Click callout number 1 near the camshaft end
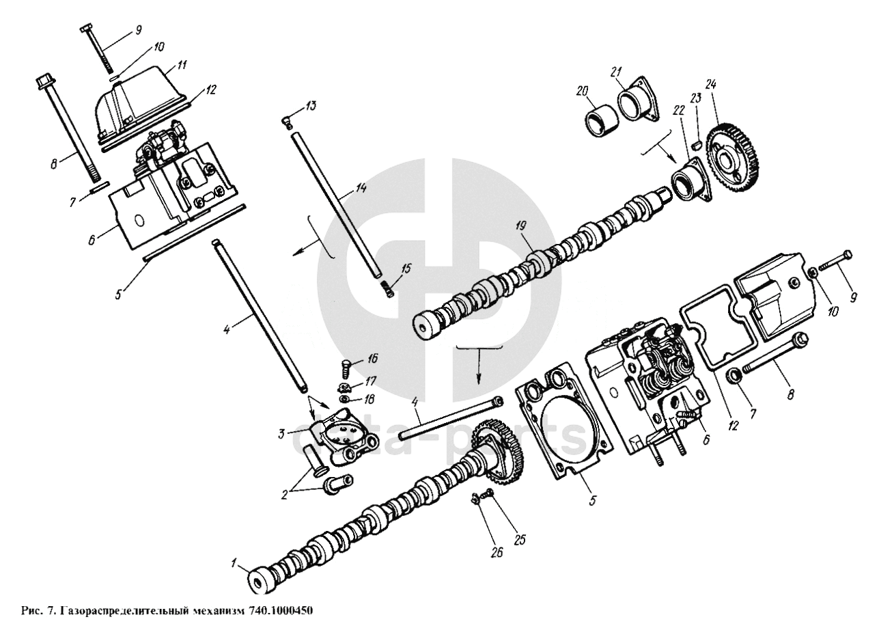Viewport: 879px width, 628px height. tap(234, 564)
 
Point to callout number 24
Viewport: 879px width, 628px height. tap(712, 86)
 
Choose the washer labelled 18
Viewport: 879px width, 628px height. tap(346, 399)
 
